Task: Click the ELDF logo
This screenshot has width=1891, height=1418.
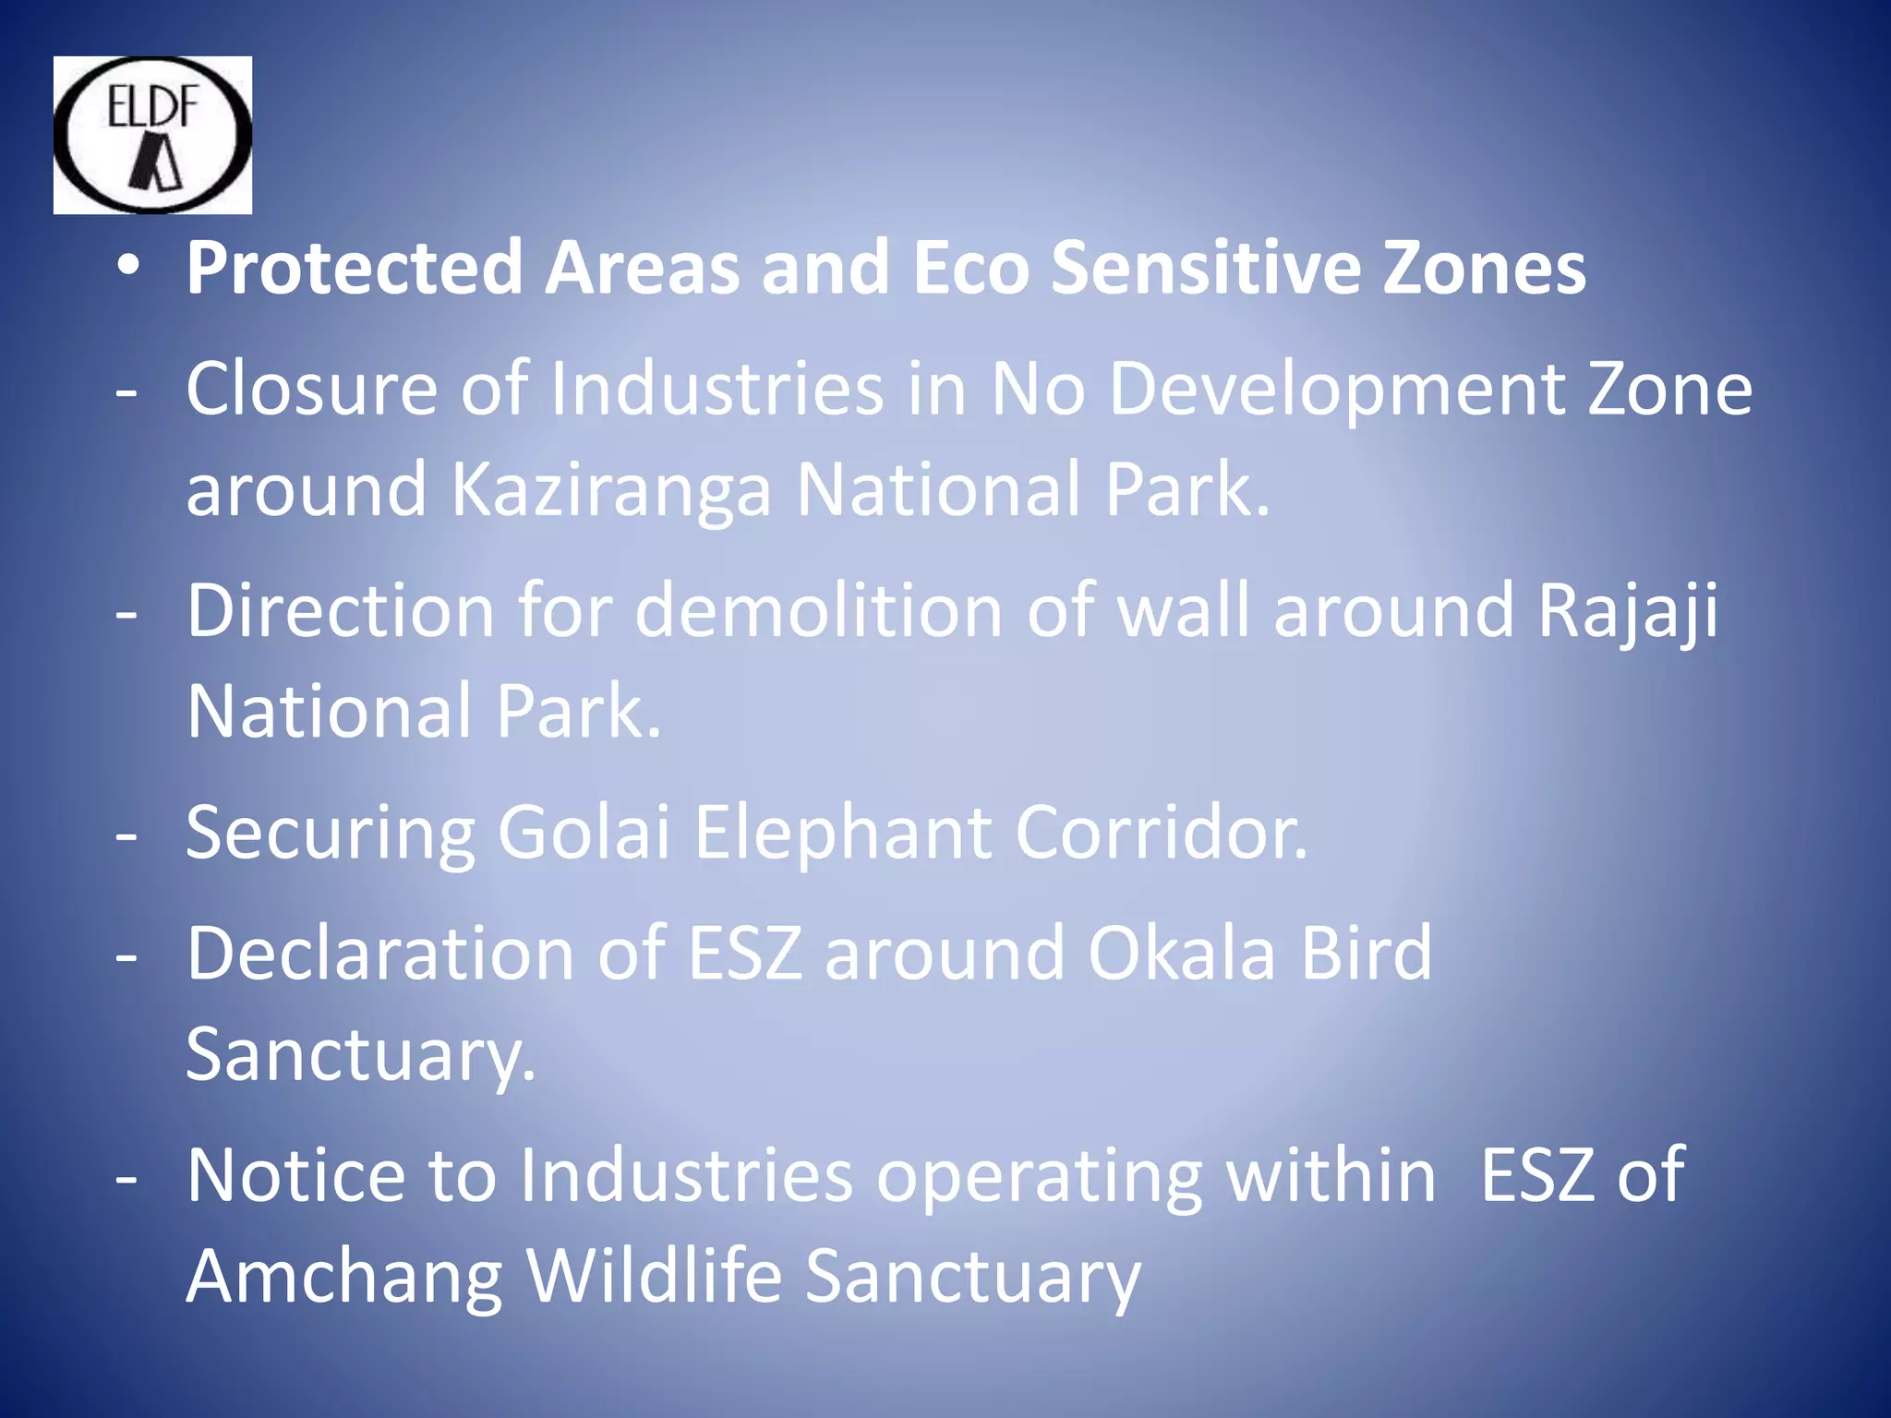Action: pos(152,135)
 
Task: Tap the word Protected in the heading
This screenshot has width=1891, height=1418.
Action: pos(355,268)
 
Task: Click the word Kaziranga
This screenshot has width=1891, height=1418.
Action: pos(610,489)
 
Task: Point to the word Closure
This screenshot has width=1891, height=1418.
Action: pos(311,389)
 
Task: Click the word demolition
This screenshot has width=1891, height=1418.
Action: pos(818,610)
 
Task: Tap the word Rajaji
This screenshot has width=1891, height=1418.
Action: pos(1627,612)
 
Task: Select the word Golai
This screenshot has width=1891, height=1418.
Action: pos(584,832)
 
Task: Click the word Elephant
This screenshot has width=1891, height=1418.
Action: pos(842,834)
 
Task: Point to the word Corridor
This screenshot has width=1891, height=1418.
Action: pos(1161,832)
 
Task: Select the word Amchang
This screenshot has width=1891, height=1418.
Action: pos(343,1278)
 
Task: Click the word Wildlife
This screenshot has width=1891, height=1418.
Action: pos(654,1276)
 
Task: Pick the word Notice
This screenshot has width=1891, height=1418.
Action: pos(295,1175)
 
